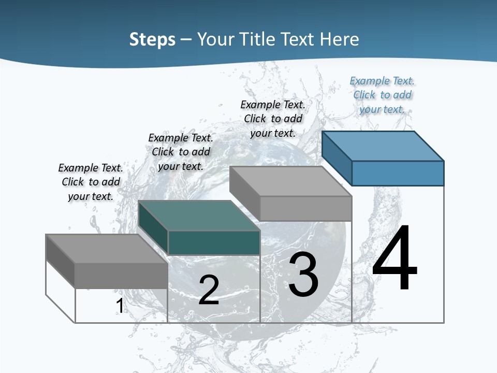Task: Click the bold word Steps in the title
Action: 152,39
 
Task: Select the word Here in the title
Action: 339,39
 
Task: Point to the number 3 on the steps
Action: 303,275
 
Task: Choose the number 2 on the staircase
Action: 209,290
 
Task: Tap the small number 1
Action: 120,306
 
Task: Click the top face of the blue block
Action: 383,146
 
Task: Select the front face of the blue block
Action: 398,173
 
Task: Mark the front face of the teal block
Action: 214,242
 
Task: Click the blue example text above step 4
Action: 382,95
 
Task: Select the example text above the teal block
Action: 181,152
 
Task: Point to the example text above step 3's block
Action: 273,119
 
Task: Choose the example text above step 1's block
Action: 91,182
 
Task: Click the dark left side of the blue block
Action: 337,157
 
